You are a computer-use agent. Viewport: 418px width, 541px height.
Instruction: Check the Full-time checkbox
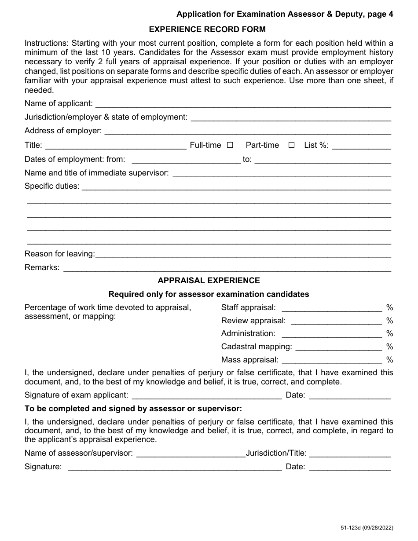pos(230,145)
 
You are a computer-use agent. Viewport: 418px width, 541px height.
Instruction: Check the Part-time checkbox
pos(291,145)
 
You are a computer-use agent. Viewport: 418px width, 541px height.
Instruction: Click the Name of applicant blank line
pos(243,105)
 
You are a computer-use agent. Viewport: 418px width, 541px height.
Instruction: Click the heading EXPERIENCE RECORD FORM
pos(208,29)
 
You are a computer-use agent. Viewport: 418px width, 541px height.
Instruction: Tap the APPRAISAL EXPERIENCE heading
pos(209,280)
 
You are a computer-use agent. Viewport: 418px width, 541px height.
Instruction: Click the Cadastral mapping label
pos(256,347)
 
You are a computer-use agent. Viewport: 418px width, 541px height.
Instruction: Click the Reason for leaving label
pos(59,254)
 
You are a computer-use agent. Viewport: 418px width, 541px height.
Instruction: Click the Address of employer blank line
pos(248,132)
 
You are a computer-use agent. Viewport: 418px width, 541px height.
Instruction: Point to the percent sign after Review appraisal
pos(389,321)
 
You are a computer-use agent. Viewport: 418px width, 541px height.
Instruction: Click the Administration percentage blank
pos(331,335)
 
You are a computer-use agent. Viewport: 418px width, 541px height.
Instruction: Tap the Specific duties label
pos(52,186)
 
